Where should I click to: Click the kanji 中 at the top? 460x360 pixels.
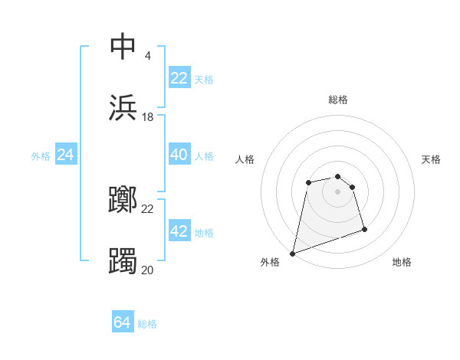pos(123,46)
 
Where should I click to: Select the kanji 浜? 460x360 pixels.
pos(123,108)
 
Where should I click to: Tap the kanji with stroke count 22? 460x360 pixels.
pos(123,200)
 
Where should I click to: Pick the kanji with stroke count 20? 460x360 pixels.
pos(123,261)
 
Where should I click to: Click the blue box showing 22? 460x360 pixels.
pos(179,78)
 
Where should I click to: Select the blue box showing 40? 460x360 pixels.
pos(179,155)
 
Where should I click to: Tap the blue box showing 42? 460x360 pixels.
pos(179,231)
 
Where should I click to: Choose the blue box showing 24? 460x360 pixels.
pos(65,155)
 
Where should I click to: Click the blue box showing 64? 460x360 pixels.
pos(123,322)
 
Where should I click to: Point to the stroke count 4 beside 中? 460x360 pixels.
pos(147,55)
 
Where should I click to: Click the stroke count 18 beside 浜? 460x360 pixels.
pos(148,117)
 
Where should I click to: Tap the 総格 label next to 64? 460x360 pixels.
pos(147,324)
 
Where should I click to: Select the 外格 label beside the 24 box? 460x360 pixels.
pos(41,156)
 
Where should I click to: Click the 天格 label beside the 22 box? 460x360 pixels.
pos(204,80)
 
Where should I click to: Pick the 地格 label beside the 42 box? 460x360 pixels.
pos(204,233)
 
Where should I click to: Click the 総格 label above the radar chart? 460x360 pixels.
pos(338,100)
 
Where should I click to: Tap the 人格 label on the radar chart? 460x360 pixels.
pos(245,159)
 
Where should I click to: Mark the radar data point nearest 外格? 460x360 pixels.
pos(292,253)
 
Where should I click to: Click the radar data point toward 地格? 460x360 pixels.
pos(364,229)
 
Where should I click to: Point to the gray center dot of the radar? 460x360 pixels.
pos(338,191)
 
